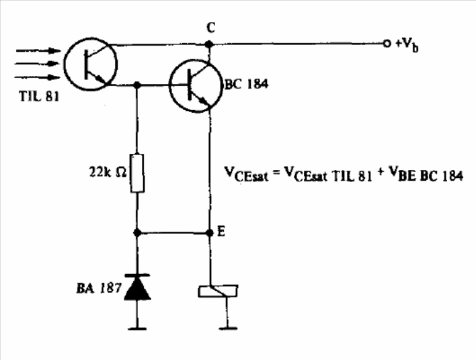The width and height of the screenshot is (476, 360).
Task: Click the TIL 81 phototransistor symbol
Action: click(91, 64)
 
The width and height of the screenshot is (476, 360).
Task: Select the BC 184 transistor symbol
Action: click(195, 86)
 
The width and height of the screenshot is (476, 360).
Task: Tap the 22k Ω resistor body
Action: click(137, 173)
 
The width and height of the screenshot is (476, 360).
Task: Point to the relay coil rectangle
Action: click(218, 291)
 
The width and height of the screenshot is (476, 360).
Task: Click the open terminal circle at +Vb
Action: click(387, 44)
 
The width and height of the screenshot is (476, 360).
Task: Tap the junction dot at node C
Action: click(209, 44)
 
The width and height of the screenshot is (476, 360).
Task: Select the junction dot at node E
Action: click(210, 233)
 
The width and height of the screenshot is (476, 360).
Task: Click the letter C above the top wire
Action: click(211, 28)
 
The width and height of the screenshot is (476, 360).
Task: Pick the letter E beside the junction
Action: click(221, 232)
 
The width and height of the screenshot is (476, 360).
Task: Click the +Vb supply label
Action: click(407, 45)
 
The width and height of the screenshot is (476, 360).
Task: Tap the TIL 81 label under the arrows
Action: click(39, 97)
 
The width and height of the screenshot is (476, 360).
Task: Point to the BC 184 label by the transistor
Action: click(246, 84)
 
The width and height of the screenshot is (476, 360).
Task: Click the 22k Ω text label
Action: click(108, 172)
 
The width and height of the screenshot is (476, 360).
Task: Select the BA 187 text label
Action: click(99, 287)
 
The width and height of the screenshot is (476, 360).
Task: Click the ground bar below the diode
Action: click(137, 328)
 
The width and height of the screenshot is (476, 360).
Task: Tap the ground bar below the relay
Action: click(228, 328)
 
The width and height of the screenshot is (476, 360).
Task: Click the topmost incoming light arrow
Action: click(38, 50)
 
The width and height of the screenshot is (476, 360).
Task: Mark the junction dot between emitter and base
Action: click(137, 85)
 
